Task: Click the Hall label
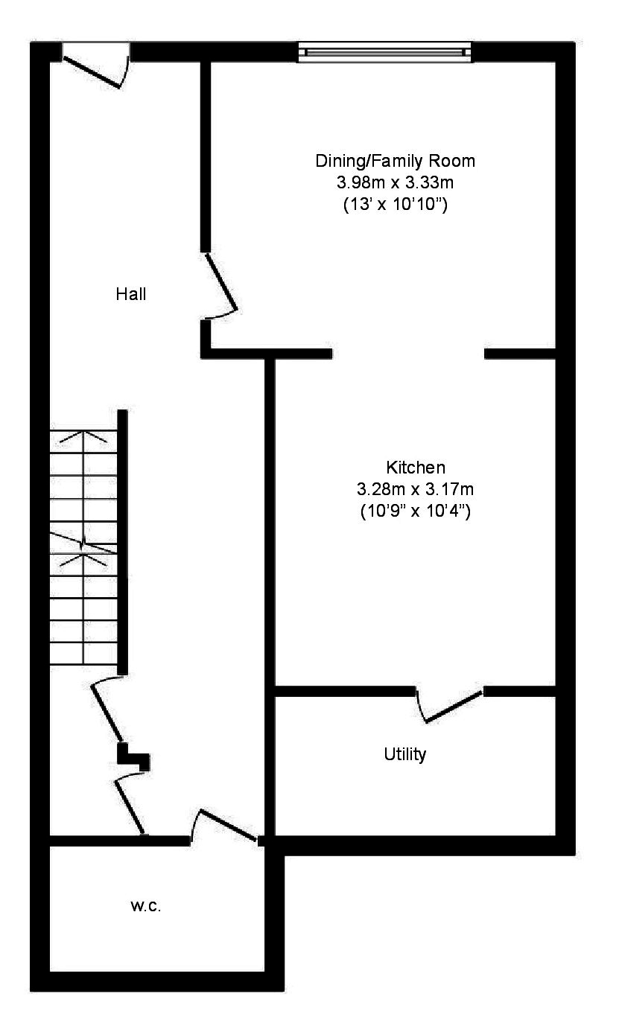131,294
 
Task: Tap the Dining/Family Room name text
395,161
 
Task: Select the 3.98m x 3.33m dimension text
395,182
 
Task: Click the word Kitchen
416,468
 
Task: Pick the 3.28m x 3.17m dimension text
416,489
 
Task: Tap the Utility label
405,754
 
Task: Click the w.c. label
146,906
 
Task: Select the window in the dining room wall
385,51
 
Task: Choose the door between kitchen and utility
451,705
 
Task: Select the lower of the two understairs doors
128,805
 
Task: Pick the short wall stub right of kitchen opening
520,354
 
